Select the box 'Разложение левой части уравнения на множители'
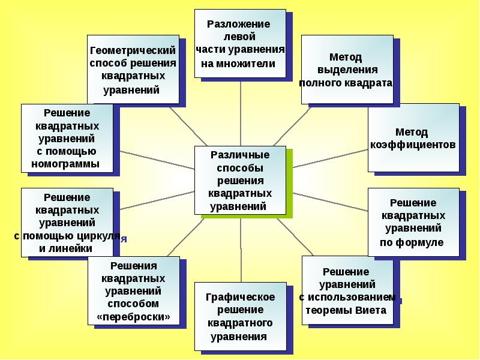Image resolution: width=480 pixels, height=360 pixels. coord(239,43)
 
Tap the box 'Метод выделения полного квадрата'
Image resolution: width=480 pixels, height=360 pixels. coord(346,70)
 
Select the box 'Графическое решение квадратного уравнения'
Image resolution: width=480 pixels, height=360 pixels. coord(239,316)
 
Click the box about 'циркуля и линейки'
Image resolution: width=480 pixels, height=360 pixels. coord(67,222)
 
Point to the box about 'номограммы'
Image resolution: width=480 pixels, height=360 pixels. coord(67,138)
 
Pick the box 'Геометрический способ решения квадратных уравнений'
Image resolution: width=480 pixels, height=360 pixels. coord(133,70)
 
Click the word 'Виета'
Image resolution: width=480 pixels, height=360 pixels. coord(371,311)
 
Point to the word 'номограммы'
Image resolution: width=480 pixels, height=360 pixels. coord(66,163)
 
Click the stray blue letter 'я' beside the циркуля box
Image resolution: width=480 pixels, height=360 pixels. coord(124,239)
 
